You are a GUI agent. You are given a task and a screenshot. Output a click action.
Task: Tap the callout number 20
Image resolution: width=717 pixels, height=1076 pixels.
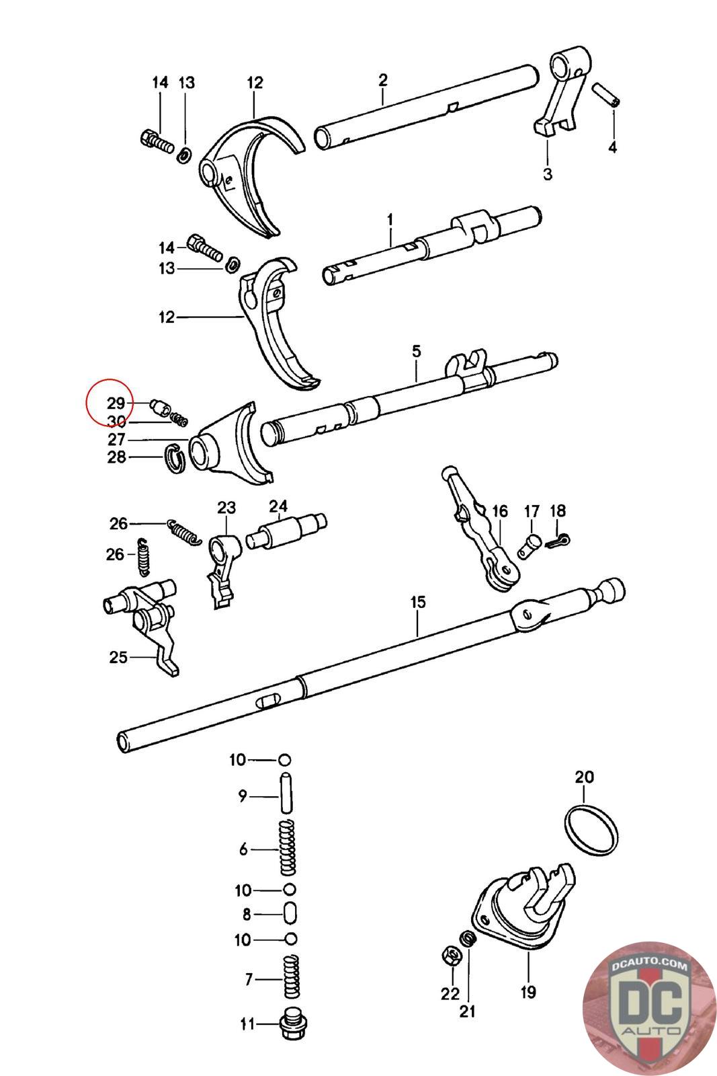[x=584, y=777]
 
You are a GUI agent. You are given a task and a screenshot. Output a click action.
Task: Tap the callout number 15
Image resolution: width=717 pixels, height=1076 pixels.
[x=418, y=602]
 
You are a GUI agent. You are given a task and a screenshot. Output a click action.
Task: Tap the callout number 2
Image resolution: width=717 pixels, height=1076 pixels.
[x=382, y=80]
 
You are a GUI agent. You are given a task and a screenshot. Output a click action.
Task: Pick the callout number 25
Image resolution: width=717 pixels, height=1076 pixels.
[x=118, y=657]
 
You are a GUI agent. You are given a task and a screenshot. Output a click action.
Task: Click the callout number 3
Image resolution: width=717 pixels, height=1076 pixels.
[x=548, y=174]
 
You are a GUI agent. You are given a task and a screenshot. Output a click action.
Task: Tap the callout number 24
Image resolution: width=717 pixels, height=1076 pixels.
[x=278, y=506]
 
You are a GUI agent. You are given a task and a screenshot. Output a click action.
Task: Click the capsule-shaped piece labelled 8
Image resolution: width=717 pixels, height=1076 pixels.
[x=290, y=914]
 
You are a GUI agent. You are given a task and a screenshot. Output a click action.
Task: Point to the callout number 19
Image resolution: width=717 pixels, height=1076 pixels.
[x=528, y=992]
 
